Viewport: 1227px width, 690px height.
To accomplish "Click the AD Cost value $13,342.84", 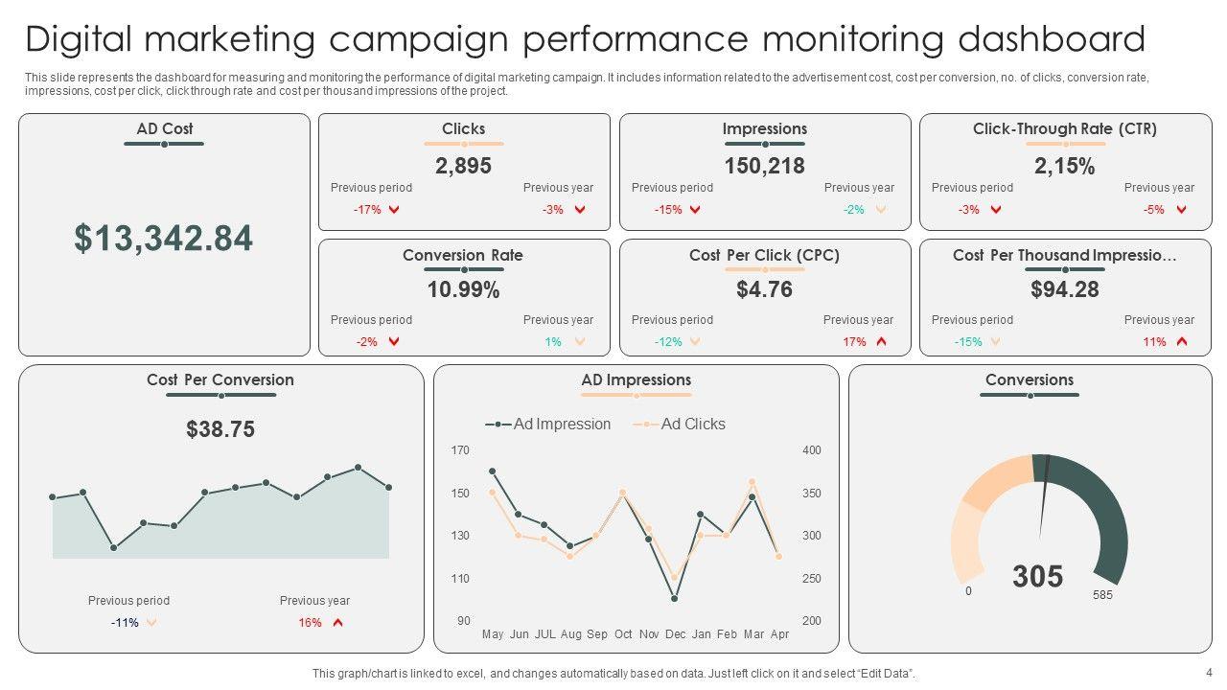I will tap(164, 239).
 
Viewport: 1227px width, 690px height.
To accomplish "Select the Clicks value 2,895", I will tap(463, 166).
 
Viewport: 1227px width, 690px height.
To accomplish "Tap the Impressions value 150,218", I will tap(764, 166).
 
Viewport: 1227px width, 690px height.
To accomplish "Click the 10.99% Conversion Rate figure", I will tap(463, 289).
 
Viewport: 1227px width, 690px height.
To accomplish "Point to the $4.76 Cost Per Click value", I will tap(764, 289).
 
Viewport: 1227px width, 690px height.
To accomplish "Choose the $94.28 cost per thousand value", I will tap(1064, 289).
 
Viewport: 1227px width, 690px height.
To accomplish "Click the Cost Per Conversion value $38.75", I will tap(220, 429).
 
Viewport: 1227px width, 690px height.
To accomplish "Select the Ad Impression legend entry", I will tap(561, 424).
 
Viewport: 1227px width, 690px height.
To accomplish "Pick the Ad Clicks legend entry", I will tap(692, 424).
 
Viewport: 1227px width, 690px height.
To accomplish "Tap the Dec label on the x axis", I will tap(675, 634).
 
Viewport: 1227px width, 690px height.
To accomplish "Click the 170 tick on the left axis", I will tap(460, 450).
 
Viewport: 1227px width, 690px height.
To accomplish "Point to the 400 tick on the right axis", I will tap(811, 450).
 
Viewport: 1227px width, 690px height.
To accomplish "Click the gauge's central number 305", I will tap(1037, 577).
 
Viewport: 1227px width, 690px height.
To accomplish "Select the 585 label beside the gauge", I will tap(1102, 595).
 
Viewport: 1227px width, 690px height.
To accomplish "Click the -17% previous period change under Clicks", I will tap(367, 210).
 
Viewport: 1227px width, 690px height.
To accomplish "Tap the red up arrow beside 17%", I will tap(881, 342).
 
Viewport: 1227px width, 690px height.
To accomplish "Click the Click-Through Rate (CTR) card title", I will tap(1064, 128).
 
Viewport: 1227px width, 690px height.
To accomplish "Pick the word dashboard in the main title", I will tap(1051, 40).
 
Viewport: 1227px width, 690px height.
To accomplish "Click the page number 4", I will tap(1209, 672).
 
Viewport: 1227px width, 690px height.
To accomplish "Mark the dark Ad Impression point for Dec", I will tap(675, 598).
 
